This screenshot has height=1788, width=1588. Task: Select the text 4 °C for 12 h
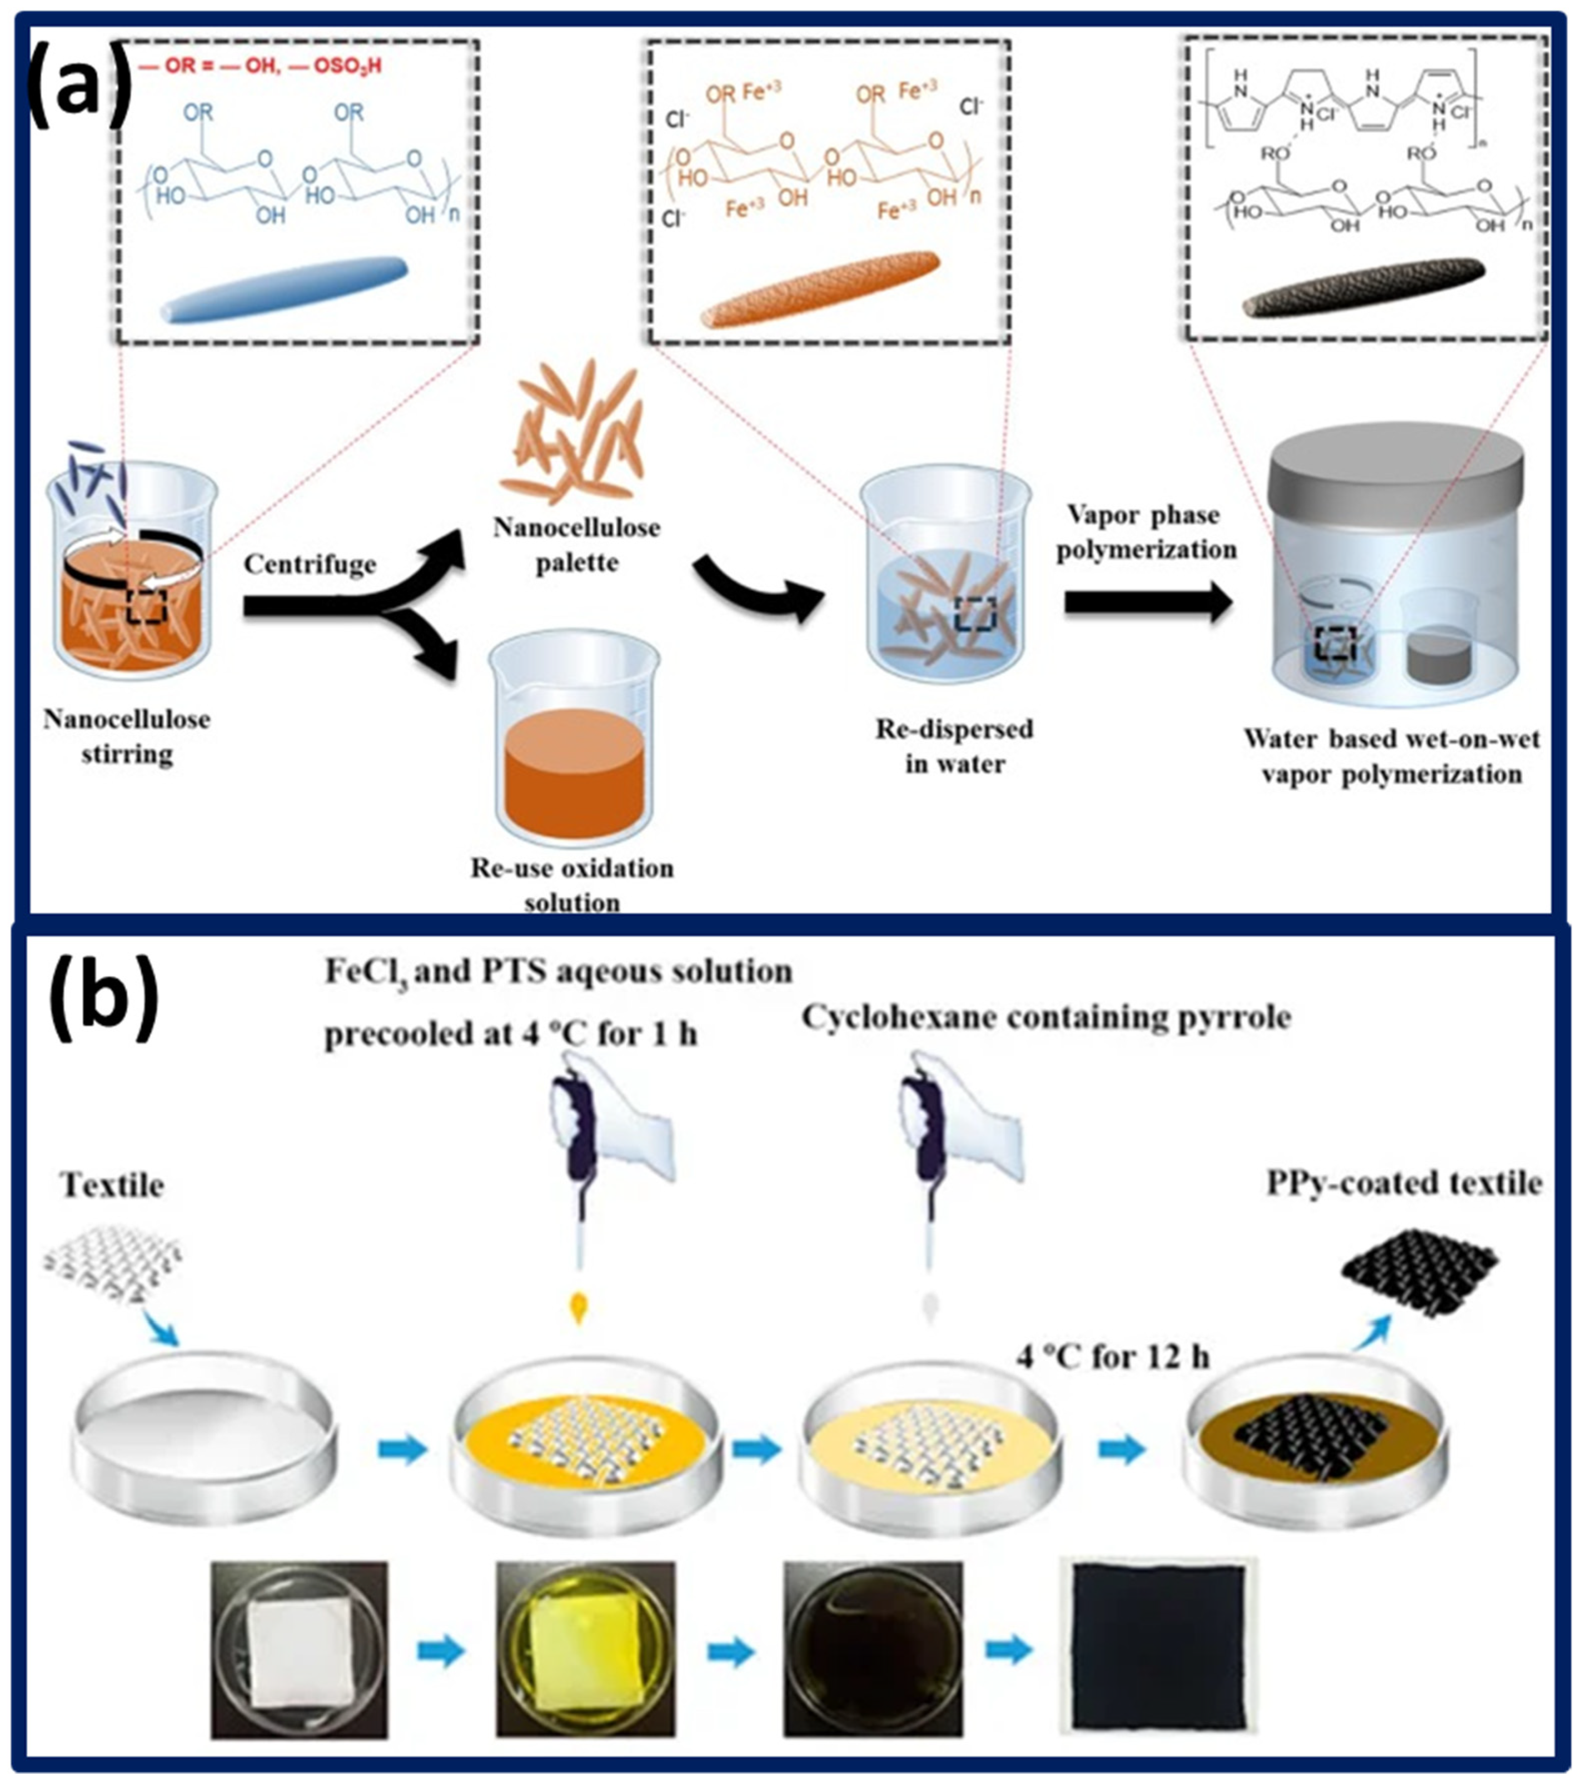click(x=1112, y=1357)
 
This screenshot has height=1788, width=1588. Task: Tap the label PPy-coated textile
click(x=1404, y=1183)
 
